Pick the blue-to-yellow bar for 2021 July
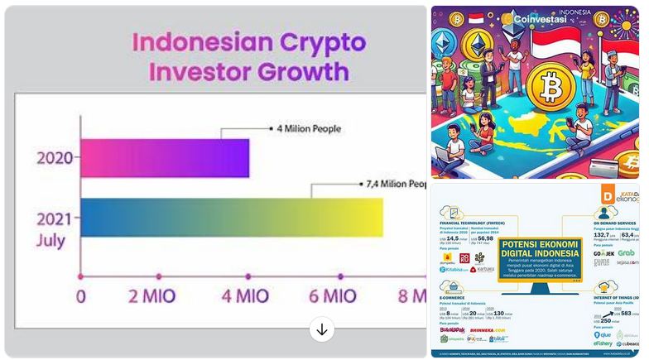(232, 218)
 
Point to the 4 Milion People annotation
(308, 128)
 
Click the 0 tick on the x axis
(80, 295)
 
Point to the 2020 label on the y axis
(54, 157)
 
